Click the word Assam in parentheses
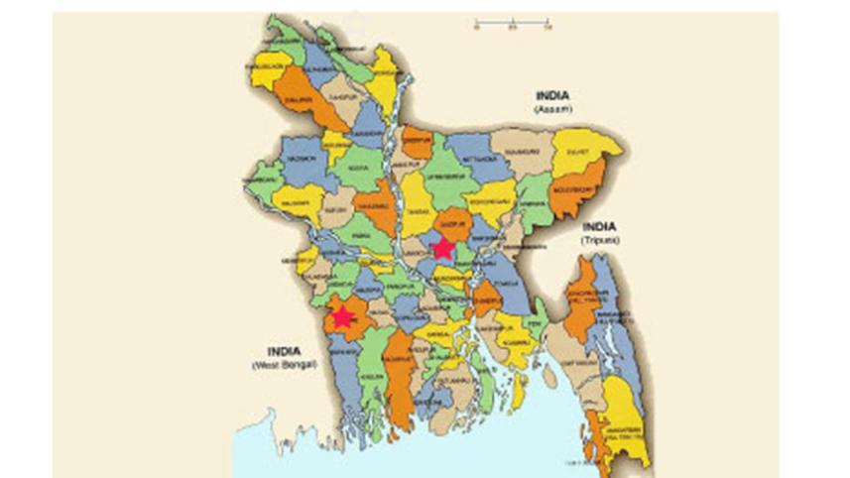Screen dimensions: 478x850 (x=552, y=109)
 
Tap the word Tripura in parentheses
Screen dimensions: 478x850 (x=600, y=240)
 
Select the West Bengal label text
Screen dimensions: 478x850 (x=283, y=365)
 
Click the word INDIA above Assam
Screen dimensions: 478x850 (x=553, y=95)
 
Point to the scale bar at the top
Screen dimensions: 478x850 (x=512, y=21)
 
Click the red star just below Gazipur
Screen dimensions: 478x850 (x=443, y=248)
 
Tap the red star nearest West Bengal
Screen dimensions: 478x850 (x=343, y=317)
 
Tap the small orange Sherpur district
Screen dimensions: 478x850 (x=418, y=141)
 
